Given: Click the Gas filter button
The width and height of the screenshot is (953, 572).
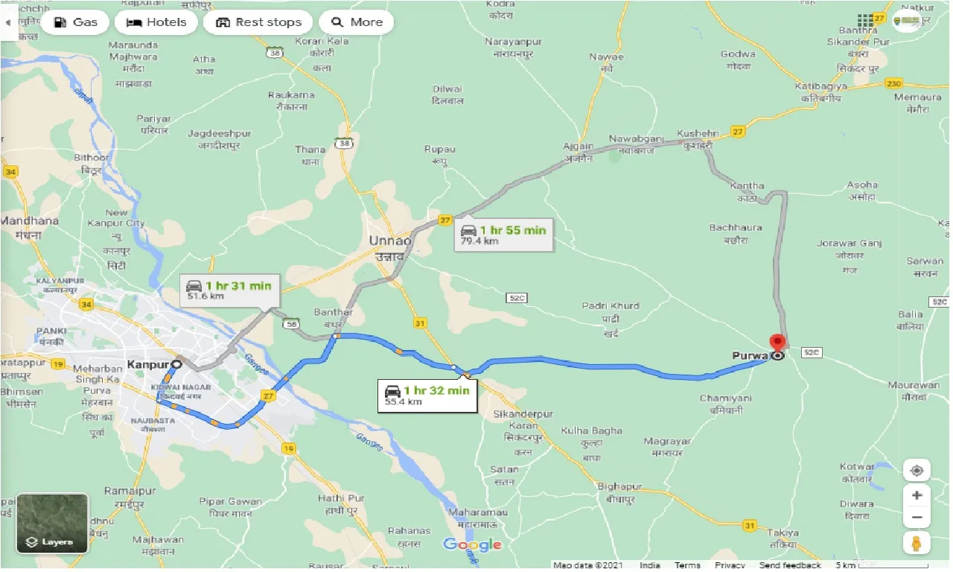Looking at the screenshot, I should [74, 22].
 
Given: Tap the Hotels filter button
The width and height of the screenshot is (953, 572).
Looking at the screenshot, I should [156, 22].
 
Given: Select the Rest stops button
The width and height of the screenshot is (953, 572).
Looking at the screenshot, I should [258, 22].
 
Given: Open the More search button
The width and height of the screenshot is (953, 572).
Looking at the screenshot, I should [356, 22].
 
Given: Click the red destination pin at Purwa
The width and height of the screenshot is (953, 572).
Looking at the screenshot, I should [778, 343].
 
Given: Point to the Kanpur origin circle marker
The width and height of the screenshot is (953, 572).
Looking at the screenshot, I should [176, 364].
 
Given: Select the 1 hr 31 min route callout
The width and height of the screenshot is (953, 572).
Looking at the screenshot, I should [229, 290].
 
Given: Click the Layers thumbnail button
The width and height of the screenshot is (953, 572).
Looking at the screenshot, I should [51, 524].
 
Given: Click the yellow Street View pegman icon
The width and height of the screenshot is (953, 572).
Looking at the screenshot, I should [917, 542].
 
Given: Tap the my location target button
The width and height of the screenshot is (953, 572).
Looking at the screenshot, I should [917, 471].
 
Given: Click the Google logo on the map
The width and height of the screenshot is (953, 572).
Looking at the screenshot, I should [472, 545].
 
